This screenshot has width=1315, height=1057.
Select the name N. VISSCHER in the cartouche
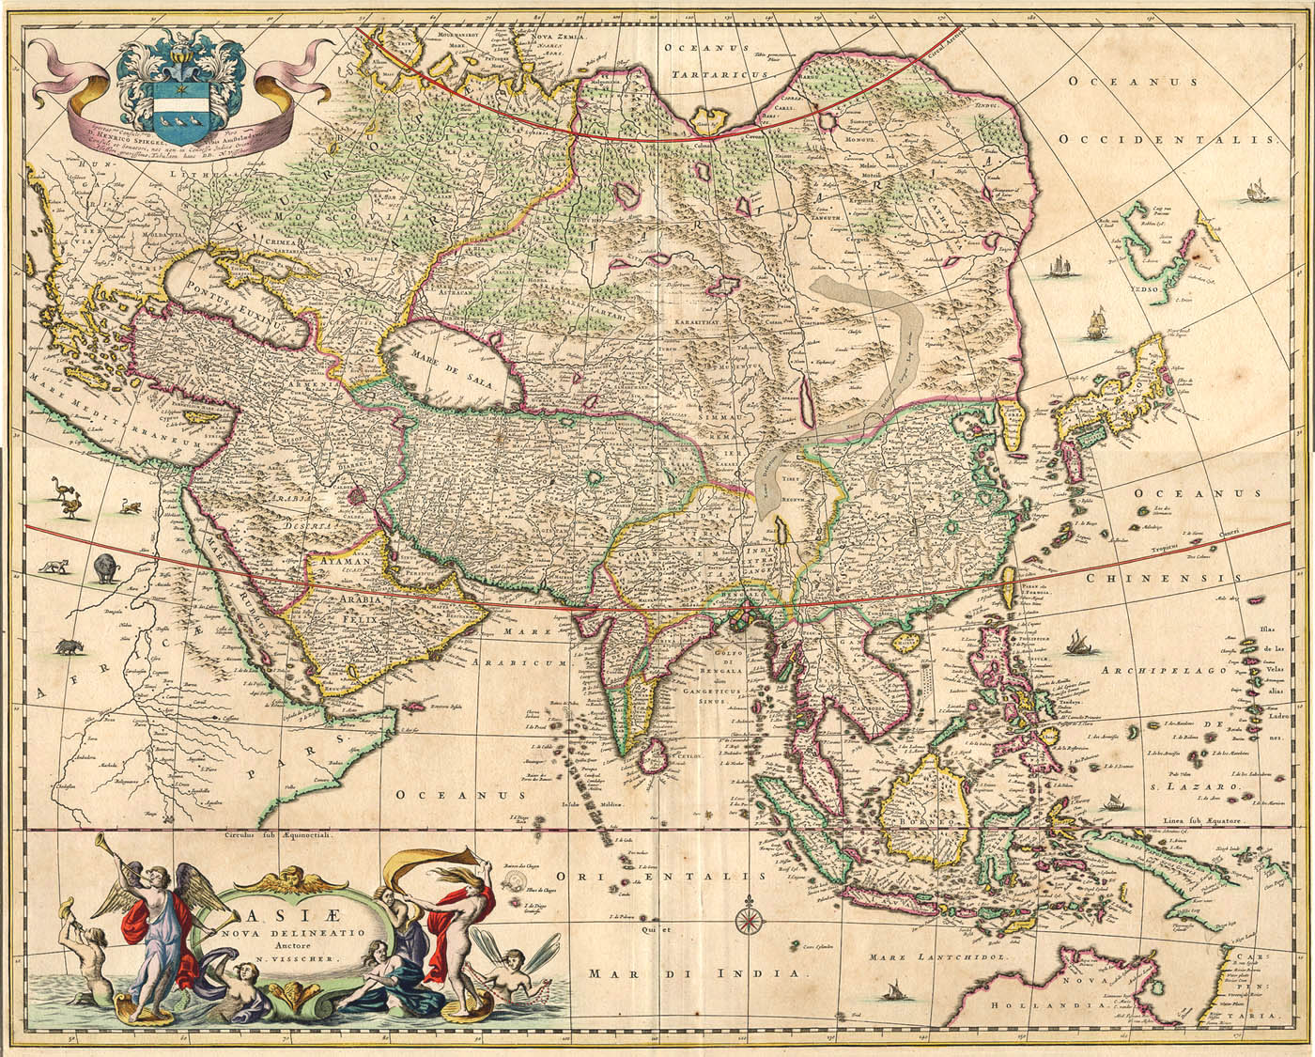[x=287, y=964]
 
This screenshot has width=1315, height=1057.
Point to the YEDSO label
[x=1143, y=290]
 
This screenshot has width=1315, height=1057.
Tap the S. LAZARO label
[x=1203, y=785]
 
